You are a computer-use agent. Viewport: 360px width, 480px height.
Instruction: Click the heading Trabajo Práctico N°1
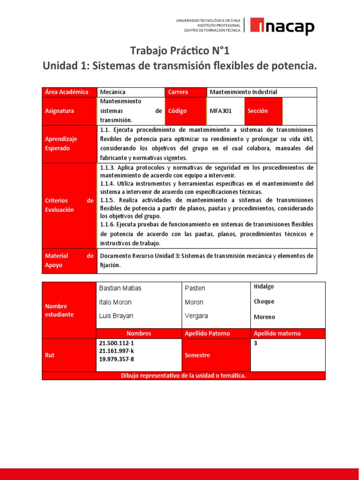click(180, 51)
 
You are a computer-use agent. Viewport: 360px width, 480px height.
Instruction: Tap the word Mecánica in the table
click(113, 92)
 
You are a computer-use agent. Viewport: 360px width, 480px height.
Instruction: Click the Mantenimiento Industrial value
click(243, 92)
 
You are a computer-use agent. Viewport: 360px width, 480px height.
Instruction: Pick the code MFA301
click(221, 111)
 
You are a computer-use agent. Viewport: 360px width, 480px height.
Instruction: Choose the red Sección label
click(258, 111)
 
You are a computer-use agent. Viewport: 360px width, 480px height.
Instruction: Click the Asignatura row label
click(60, 111)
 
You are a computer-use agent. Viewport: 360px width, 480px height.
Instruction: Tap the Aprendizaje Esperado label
click(61, 143)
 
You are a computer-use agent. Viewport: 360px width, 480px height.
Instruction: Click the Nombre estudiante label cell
click(60, 310)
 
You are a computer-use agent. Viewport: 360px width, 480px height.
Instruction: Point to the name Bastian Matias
click(120, 288)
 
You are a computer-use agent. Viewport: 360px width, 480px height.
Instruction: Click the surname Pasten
click(195, 288)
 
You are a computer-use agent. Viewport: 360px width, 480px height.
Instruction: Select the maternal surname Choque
click(264, 301)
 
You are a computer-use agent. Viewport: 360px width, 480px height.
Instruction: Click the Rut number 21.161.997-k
click(116, 351)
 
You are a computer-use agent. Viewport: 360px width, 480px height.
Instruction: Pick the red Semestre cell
click(197, 355)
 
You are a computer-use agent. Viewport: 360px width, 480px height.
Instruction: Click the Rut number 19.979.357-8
click(116, 359)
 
